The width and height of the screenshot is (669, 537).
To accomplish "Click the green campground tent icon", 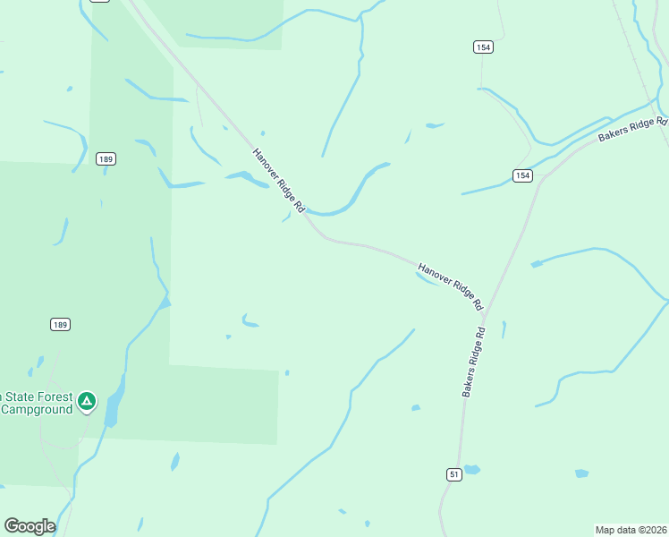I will coord(86,401).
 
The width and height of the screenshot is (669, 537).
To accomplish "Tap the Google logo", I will coord(30,526).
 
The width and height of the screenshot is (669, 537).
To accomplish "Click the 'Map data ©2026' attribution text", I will coord(631,530).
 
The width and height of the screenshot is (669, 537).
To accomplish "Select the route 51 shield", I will coord(454,474).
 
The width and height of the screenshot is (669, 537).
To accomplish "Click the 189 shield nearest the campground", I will coord(61,324).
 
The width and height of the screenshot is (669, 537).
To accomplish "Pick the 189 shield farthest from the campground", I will coord(106,159).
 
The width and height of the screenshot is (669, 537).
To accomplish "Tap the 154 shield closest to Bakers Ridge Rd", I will coord(523,175).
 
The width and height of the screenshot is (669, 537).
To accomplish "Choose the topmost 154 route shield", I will coord(483,47).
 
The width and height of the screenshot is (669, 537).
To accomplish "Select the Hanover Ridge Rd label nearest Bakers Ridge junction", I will coord(450,286).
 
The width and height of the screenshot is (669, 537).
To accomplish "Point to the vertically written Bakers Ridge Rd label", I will coord(473,362).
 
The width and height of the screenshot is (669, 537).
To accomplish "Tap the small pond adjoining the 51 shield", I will coord(471,469).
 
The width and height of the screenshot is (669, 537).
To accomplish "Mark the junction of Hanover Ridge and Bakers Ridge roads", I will coord(483,315).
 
